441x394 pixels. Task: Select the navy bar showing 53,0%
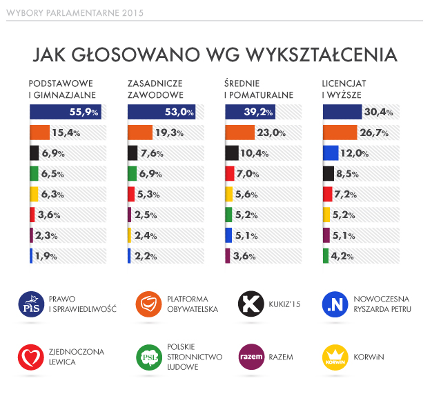[161, 112]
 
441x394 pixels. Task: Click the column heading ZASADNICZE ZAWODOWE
[155, 88]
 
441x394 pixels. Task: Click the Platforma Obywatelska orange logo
[150, 304]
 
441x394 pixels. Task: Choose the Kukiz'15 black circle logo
[249, 304]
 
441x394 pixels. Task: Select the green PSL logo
[150, 357]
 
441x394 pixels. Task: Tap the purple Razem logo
[249, 357]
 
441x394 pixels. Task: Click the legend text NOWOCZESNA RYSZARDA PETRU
[382, 304]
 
